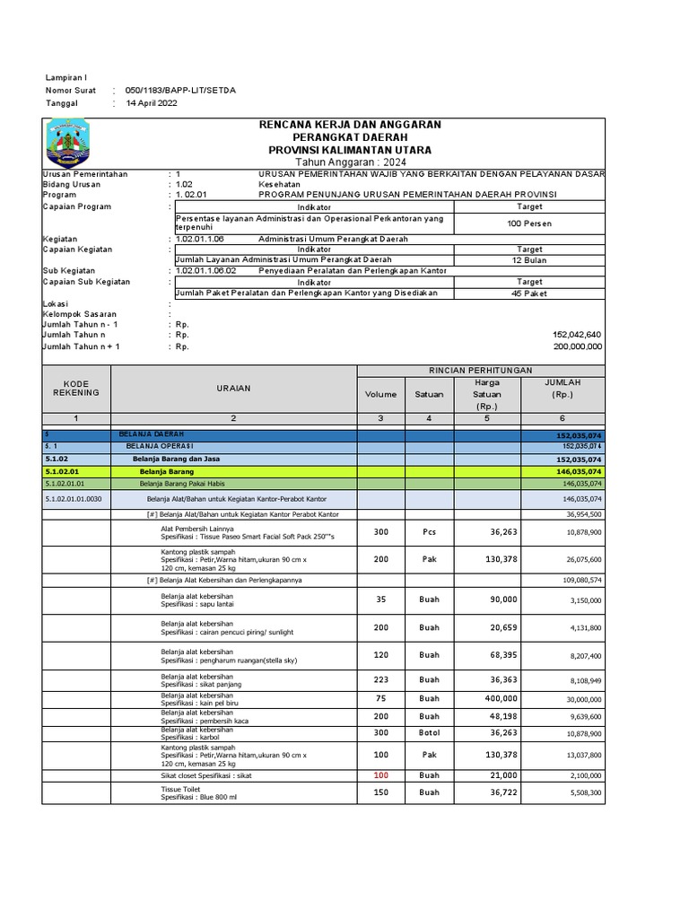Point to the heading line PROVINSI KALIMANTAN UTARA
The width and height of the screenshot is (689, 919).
pyautogui.click(x=350, y=149)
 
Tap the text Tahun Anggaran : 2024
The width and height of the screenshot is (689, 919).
pyautogui.click(x=350, y=162)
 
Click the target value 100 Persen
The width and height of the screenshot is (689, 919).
pyautogui.click(x=529, y=223)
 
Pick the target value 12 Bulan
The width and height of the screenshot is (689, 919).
pyautogui.click(x=529, y=260)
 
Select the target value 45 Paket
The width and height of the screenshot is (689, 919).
pyautogui.click(x=529, y=293)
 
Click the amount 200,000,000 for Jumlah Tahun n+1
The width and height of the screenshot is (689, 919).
pyautogui.click(x=578, y=346)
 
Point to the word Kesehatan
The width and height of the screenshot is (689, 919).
pyautogui.click(x=279, y=184)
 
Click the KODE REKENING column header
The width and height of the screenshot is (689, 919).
pyautogui.click(x=75, y=388)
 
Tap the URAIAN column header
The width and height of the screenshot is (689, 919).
pyautogui.click(x=233, y=388)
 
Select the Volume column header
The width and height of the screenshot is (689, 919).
pyautogui.click(x=380, y=393)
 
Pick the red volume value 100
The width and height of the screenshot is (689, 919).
pyautogui.click(x=380, y=775)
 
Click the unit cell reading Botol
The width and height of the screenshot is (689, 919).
pyautogui.click(x=429, y=733)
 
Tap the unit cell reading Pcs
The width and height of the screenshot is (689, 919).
pyautogui.click(x=429, y=531)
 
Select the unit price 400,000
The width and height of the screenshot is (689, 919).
pyautogui.click(x=501, y=698)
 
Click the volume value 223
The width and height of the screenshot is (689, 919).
pyautogui.click(x=380, y=679)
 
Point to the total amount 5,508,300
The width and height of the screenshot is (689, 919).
pyautogui.click(x=583, y=793)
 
